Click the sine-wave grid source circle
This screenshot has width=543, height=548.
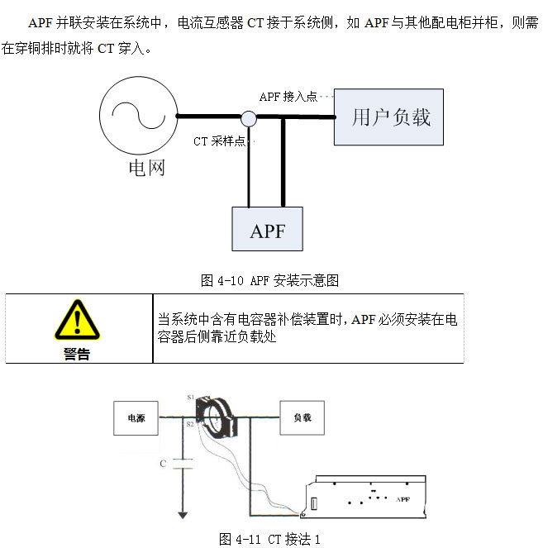(x=138, y=116)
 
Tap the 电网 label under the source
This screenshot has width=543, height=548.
(x=146, y=168)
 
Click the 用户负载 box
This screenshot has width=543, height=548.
(x=391, y=117)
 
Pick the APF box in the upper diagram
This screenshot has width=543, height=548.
(x=267, y=230)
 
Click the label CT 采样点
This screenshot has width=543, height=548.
(x=219, y=141)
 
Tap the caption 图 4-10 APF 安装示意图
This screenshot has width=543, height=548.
(x=270, y=280)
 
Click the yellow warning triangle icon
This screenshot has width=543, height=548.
(x=77, y=321)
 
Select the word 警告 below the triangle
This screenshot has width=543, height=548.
(x=77, y=354)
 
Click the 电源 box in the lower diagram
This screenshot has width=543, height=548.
(x=136, y=418)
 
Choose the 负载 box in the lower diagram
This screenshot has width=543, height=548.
(x=302, y=418)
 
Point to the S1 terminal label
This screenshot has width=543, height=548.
(x=190, y=398)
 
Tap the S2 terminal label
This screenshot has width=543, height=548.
(x=190, y=424)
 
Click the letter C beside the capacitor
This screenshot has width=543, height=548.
(x=163, y=464)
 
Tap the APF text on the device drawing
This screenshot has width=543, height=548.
(x=403, y=499)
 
